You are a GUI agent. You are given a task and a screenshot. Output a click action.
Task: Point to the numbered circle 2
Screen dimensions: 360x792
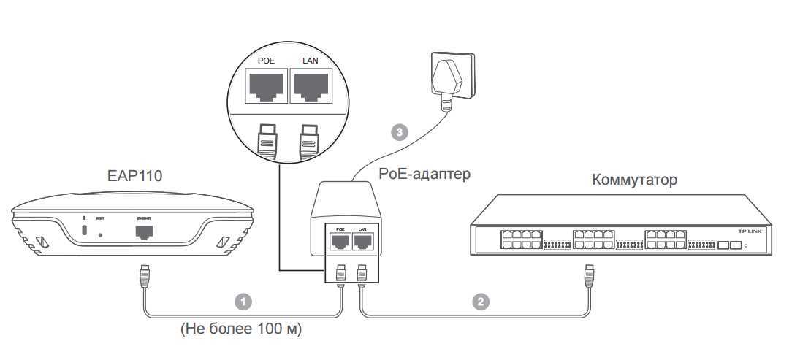[x=479, y=300]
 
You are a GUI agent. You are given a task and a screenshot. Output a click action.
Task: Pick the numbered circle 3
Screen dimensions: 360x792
[x=397, y=132]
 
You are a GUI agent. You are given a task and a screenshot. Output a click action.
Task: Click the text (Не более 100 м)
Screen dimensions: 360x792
[x=240, y=329]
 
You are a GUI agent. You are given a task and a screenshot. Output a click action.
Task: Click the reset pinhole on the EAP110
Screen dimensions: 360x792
[x=100, y=234]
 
